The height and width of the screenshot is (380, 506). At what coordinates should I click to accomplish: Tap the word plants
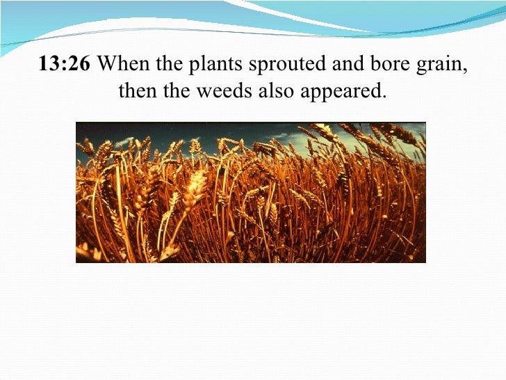click(x=204, y=66)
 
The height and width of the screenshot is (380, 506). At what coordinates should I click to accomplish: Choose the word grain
click(x=422, y=67)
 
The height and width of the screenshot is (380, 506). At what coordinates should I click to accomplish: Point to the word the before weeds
click(x=179, y=91)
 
